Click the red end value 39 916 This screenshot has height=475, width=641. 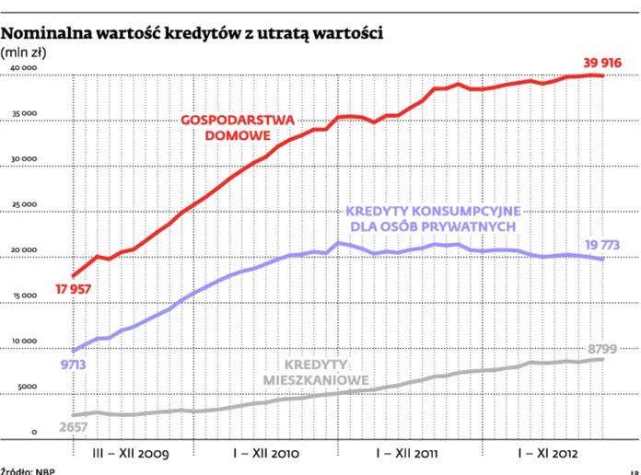point(602,62)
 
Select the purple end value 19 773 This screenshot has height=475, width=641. point(602,244)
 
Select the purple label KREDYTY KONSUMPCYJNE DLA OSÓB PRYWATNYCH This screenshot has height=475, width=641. point(434,218)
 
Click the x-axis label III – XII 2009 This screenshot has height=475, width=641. point(132,454)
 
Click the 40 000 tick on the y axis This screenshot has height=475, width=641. point(20,70)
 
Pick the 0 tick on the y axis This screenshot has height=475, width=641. point(33,432)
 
